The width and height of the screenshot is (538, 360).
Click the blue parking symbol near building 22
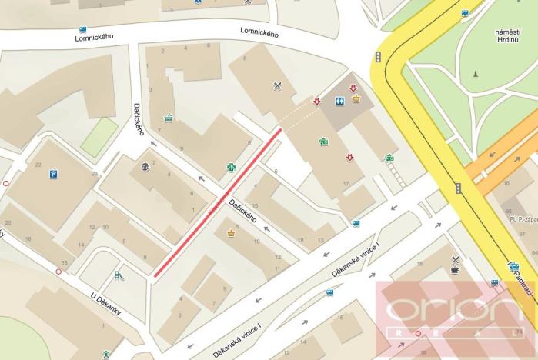[54, 175]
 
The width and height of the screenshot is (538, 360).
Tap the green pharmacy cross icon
[230, 167]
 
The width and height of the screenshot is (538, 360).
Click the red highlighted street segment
[218, 202]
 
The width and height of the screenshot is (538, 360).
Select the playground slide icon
[119, 275]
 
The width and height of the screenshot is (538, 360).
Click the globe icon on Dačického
[145, 166]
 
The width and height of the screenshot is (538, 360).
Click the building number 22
[38, 165]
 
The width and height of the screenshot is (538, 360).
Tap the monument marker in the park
[476, 75]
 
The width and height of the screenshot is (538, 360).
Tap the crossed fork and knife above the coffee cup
[456, 259]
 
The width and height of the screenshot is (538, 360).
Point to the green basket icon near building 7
[169, 118]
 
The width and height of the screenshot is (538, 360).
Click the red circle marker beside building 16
[58, 272]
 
